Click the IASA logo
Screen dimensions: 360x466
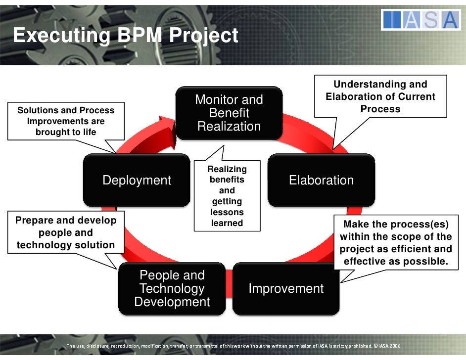(420, 20)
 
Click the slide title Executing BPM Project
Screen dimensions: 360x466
(126, 36)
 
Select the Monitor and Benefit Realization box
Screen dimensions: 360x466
(229, 113)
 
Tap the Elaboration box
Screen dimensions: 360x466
(321, 180)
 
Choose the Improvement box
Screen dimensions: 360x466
(286, 289)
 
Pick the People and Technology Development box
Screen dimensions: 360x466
(172, 289)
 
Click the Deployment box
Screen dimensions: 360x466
(137, 180)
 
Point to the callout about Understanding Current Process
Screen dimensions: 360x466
(380, 97)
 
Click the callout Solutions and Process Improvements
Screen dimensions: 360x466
(66, 121)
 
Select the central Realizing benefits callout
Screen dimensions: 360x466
(227, 196)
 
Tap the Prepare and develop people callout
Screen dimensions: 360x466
(66, 232)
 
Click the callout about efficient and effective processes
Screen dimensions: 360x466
(396, 242)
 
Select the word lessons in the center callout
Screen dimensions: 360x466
(227, 212)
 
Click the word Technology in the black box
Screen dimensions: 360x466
(172, 289)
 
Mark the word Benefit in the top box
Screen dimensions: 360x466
(229, 113)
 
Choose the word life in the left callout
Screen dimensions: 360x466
(88, 132)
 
